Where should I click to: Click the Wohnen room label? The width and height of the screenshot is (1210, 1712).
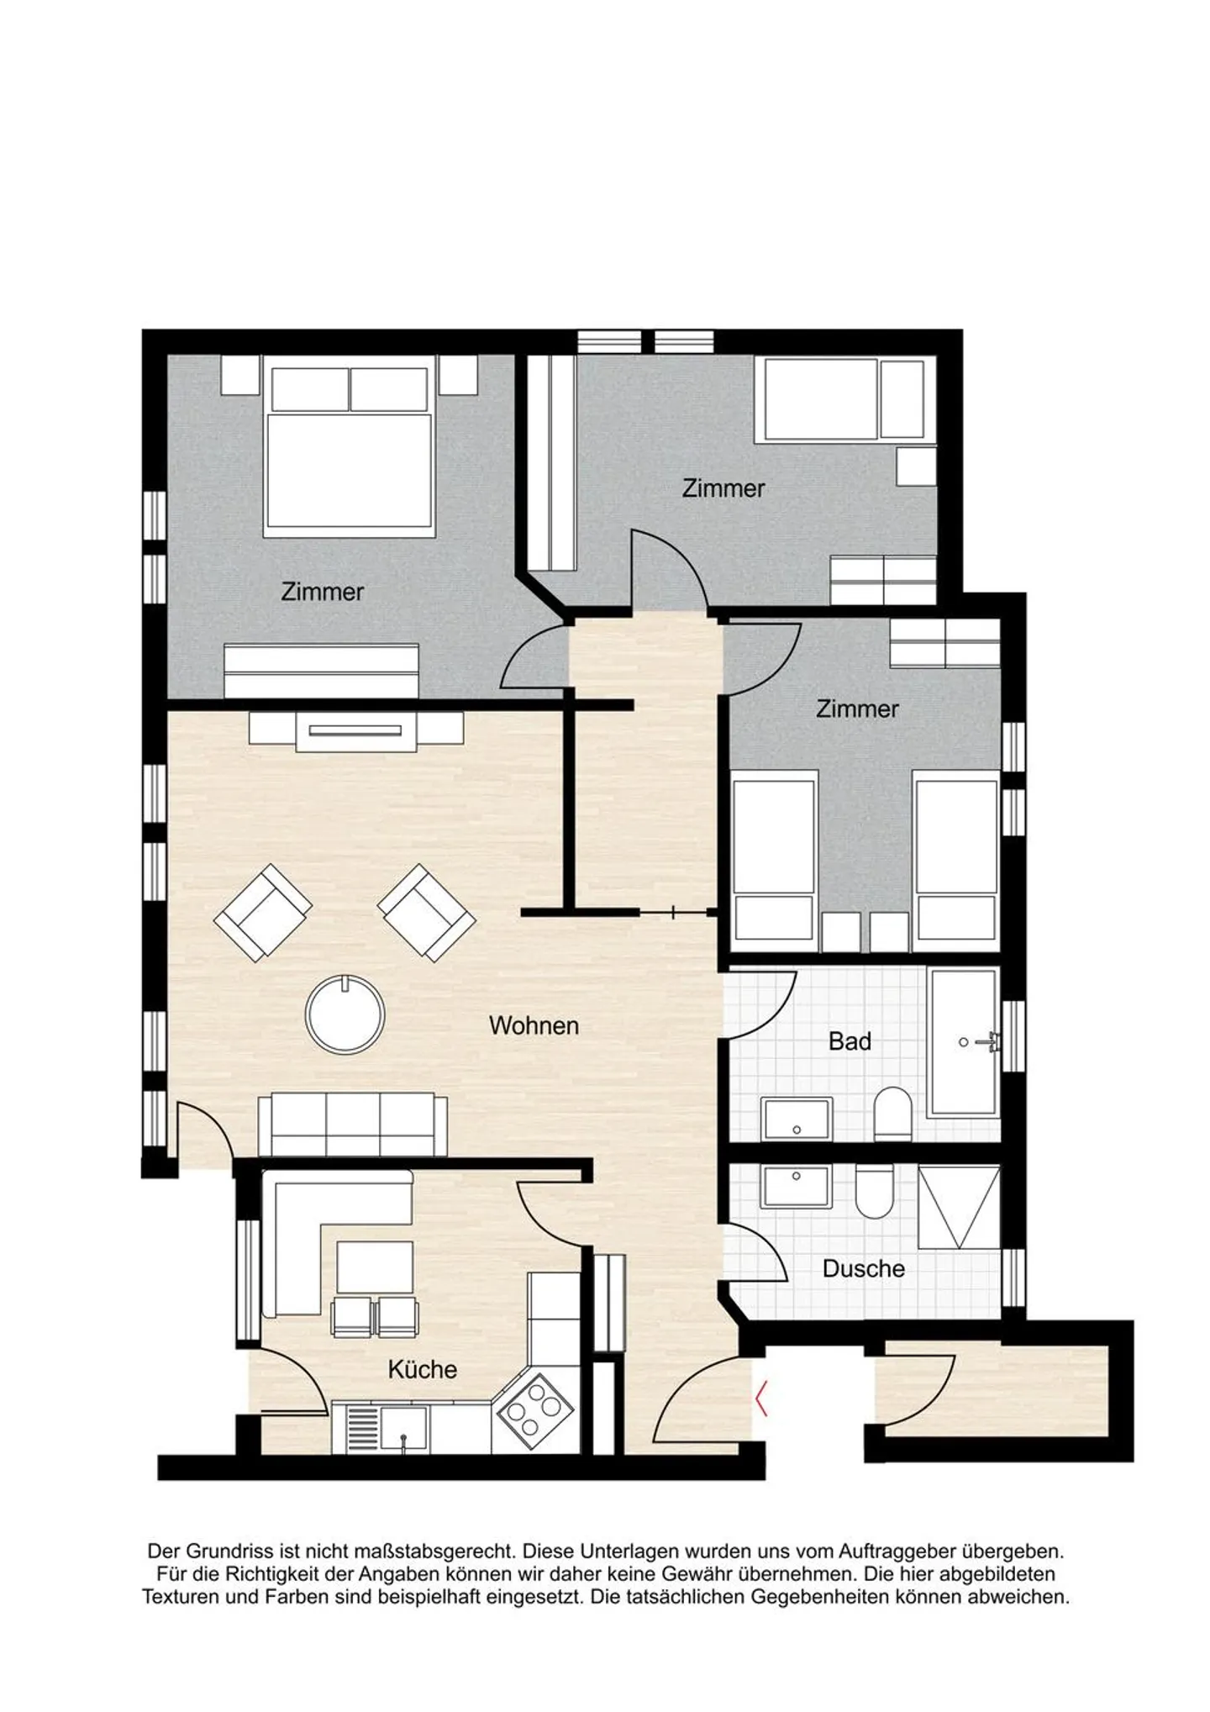tap(534, 1025)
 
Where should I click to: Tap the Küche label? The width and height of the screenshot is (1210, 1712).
tap(422, 1369)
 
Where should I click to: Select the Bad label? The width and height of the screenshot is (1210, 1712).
tap(850, 1041)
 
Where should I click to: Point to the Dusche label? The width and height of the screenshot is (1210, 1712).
tap(863, 1268)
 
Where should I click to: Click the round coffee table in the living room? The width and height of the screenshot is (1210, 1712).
tap(345, 1014)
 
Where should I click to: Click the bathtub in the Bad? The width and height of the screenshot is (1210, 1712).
tap(964, 1042)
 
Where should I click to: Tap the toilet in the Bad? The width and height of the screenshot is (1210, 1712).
tap(892, 1114)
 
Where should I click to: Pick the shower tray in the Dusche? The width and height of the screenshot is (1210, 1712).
tap(959, 1207)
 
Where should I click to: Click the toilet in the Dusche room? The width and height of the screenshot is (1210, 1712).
tap(874, 1191)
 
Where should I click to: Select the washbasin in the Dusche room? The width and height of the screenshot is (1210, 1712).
tap(797, 1186)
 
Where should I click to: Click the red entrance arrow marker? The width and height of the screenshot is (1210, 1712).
tap(761, 1399)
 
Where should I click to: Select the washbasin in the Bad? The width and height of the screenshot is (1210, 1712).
tap(797, 1119)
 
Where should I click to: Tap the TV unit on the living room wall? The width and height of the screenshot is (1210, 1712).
tap(356, 731)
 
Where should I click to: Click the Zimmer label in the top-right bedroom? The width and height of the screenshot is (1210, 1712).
tap(723, 488)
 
